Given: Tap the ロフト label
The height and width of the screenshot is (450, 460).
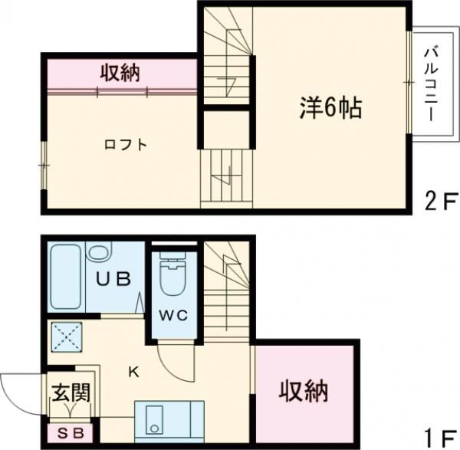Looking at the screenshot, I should pos(126,143).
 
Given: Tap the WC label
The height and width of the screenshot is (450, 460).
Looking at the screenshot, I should pos(173,315).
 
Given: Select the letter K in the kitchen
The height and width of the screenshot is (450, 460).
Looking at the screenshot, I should pos(133,373).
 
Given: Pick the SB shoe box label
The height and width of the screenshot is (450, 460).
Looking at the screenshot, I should pos(71,434).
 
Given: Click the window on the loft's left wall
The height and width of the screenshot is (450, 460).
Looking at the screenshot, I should pos(44,165).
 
